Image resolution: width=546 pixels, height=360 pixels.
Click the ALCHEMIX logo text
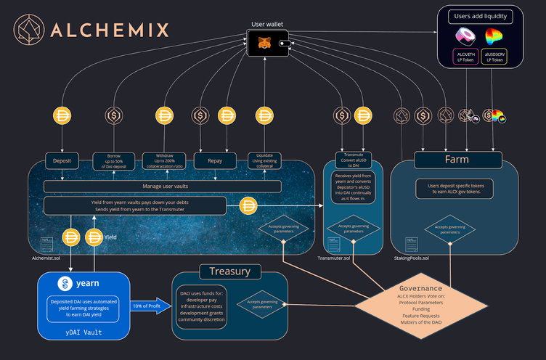(x=109, y=30)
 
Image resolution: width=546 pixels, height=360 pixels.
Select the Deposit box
(x=62, y=159)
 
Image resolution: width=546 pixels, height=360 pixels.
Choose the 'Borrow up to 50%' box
(x=113, y=160)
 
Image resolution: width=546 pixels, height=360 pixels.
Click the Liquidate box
(x=264, y=160)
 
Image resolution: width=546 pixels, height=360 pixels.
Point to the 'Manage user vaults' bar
(x=162, y=187)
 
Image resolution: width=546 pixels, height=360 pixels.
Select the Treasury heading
(x=230, y=271)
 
